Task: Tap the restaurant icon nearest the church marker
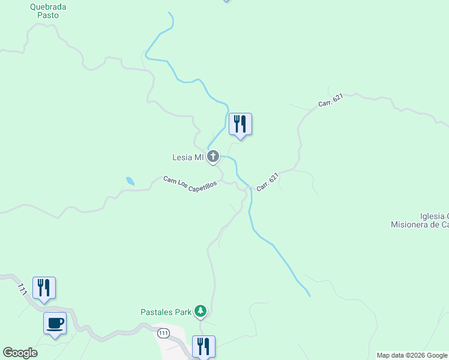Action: pos(240,124)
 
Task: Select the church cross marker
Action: pos(213,157)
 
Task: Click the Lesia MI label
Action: pos(188,158)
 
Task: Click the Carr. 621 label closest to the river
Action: pos(268,182)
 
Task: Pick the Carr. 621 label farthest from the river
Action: pos(331,100)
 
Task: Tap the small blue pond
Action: pos(130,180)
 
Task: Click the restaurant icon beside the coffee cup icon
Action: pos(44,288)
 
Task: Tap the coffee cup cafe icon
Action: pos(55,323)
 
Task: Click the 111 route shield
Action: pos(163,332)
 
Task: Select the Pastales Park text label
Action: pos(166,312)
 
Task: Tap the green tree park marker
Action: pos(200,311)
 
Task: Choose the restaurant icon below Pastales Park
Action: pos(203,346)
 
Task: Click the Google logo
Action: pos(20,353)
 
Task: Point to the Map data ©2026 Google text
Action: pos(412,355)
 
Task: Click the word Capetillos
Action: pos(202,185)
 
